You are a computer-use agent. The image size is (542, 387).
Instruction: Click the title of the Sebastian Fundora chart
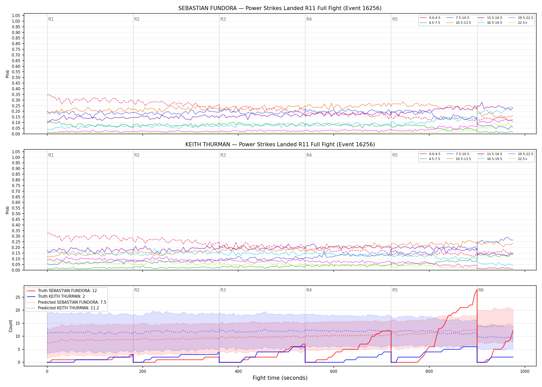tap(280, 8)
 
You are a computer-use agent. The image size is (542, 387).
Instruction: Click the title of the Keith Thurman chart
tap(280, 144)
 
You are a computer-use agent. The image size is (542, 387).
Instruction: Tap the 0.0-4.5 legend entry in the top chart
tap(430, 18)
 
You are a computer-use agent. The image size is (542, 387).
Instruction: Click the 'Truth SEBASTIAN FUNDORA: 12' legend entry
tap(62, 291)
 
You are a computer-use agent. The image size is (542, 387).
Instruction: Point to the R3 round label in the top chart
tap(223, 19)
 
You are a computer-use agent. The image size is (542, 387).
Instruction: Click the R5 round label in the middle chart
tap(395, 155)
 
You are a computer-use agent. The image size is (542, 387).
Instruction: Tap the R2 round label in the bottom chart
tap(137, 290)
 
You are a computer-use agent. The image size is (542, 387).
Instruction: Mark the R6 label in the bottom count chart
tap(481, 290)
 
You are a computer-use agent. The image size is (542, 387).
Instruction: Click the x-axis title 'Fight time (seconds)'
tap(280, 378)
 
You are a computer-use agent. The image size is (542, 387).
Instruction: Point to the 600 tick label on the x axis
tap(334, 372)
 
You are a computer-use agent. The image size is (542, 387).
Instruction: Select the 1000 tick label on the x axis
tap(525, 372)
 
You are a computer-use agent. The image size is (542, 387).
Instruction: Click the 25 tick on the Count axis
tap(18, 297)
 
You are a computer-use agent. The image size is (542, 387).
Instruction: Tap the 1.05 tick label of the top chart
tap(16, 16)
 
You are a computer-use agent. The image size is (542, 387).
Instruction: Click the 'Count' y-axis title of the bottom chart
tap(11, 326)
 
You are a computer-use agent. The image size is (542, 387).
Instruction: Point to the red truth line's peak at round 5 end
tap(477, 289)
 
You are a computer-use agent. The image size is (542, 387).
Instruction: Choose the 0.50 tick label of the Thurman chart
tap(16, 214)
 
